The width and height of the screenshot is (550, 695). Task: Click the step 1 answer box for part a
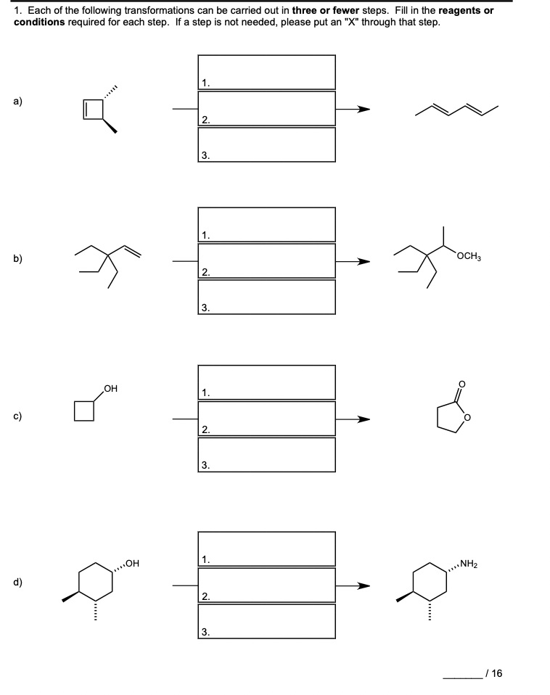click(x=266, y=72)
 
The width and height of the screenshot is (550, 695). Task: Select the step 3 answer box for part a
click(x=266, y=144)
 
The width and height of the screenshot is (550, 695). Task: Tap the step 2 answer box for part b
click(x=266, y=261)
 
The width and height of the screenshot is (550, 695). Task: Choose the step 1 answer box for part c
click(x=266, y=382)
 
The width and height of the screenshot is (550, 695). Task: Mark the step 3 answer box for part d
click(x=266, y=622)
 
